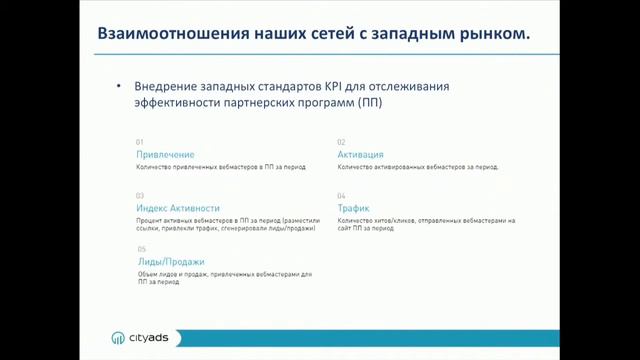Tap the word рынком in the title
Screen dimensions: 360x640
492,34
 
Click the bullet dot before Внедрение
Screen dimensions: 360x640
119,87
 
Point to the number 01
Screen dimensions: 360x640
140,142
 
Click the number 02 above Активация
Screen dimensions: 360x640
341,142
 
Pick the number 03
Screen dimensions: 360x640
140,195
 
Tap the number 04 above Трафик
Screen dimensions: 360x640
341,195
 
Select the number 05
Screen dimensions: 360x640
142,249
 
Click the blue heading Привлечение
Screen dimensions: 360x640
165,155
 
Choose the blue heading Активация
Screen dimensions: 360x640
360,155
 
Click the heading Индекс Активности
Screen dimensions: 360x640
178,208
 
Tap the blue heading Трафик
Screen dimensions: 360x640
354,208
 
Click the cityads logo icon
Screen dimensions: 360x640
117,338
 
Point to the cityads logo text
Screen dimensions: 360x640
149,338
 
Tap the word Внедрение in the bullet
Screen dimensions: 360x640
165,86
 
